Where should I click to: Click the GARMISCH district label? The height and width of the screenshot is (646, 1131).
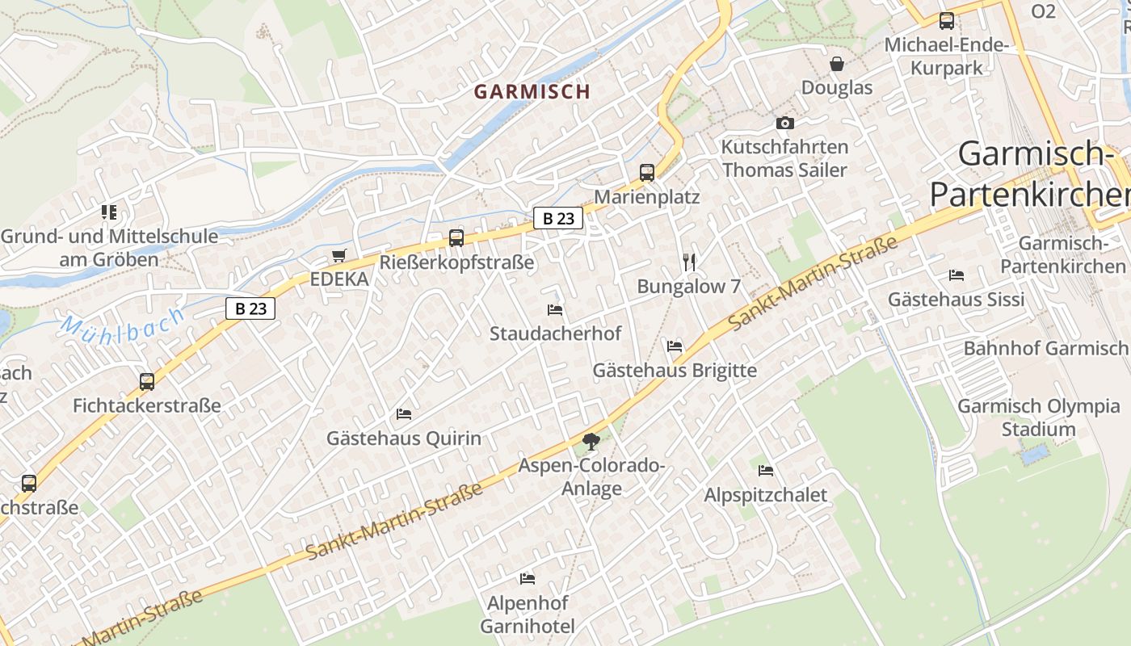(532, 92)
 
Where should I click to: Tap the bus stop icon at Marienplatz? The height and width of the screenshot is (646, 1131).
(647, 172)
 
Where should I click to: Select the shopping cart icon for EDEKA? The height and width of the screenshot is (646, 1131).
(339, 256)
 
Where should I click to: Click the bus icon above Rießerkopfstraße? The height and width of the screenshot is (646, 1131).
(456, 237)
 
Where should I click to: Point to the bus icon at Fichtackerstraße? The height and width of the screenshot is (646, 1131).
(147, 381)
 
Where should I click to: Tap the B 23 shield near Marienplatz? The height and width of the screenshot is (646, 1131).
(558, 218)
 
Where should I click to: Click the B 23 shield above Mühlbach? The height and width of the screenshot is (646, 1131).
(250, 308)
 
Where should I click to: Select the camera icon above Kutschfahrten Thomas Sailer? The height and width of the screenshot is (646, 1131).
(784, 123)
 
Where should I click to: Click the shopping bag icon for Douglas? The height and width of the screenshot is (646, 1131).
(837, 63)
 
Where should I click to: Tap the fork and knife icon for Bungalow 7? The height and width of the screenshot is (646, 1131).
(689, 262)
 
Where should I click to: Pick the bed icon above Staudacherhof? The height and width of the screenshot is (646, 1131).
(555, 309)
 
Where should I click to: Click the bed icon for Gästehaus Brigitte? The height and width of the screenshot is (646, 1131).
(675, 346)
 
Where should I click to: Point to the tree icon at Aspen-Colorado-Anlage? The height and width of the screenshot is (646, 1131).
(591, 441)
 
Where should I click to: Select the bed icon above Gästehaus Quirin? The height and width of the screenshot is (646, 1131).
(404, 414)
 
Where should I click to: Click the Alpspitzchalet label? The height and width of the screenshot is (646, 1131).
(765, 494)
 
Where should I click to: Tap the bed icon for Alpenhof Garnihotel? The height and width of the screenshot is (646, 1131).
(528, 578)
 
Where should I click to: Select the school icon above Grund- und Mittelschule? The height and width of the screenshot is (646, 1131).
(109, 212)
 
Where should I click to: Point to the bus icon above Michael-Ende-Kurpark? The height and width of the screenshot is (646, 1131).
(946, 21)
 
